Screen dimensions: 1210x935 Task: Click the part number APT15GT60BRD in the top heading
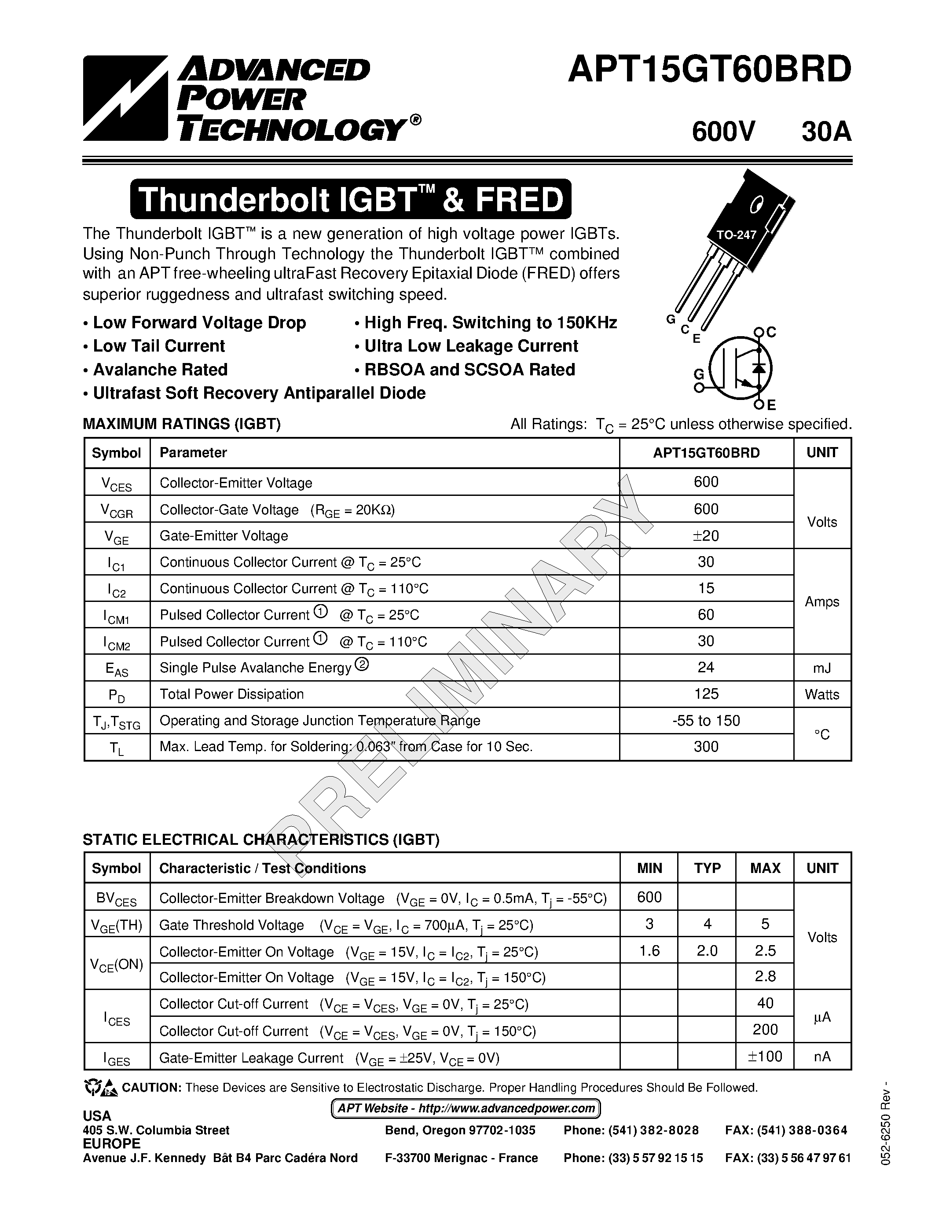(x=709, y=71)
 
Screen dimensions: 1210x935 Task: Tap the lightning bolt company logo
(x=125, y=98)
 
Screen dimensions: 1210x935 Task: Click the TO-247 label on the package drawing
(x=736, y=235)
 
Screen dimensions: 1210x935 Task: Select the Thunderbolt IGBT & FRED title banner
(x=350, y=199)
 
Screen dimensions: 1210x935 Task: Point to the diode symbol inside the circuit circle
(x=759, y=367)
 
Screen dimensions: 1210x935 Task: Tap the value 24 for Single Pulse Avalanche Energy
(x=706, y=667)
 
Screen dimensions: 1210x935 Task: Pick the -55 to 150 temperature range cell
(x=706, y=721)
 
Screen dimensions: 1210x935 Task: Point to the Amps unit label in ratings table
(x=822, y=601)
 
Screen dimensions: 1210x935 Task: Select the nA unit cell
(x=822, y=1057)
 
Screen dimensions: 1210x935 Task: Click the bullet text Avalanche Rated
(x=160, y=370)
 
